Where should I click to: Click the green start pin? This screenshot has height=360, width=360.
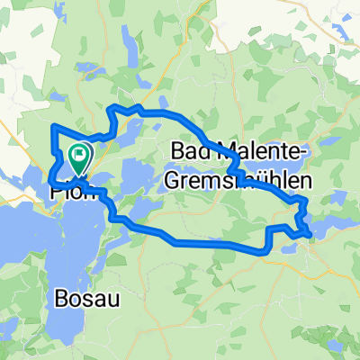pos(79,157)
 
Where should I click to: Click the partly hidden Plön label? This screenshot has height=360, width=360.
pos(68,190)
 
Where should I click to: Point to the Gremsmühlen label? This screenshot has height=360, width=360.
pos(238,180)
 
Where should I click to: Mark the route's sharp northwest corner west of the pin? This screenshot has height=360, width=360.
pos(54,126)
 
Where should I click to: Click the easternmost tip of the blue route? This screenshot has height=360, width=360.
pos(311,235)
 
